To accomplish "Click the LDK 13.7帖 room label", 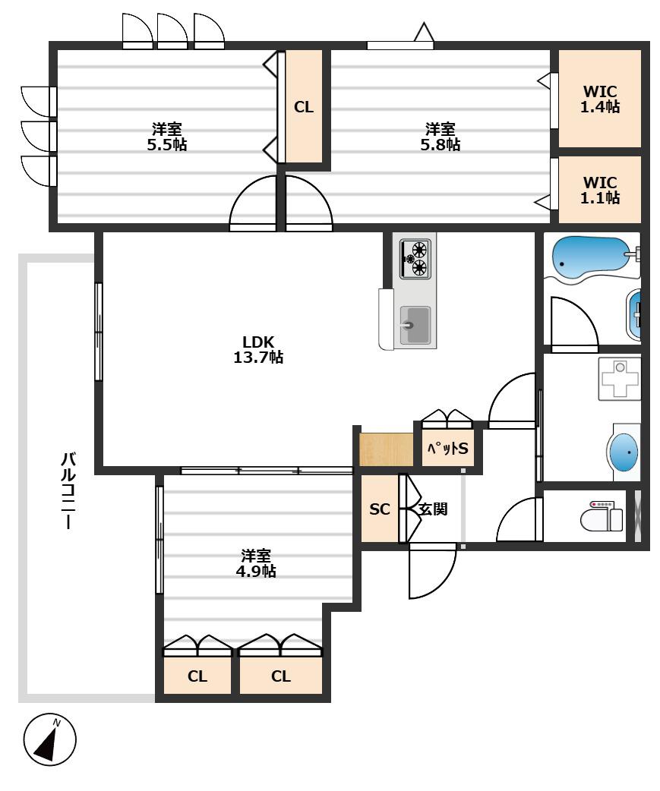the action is pyautogui.click(x=257, y=349).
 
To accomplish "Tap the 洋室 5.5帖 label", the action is pyautogui.click(x=167, y=137).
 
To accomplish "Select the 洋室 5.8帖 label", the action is pyautogui.click(x=440, y=137).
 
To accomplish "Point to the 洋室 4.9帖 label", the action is pyautogui.click(x=256, y=563).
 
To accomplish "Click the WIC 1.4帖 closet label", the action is pyautogui.click(x=600, y=99).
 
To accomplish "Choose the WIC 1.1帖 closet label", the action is pyautogui.click(x=600, y=190).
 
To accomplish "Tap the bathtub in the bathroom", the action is pyautogui.click(x=591, y=260).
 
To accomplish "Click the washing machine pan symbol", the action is pyautogui.click(x=619, y=378).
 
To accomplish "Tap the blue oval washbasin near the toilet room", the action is pyautogui.click(x=624, y=452).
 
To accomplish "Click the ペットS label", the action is pyautogui.click(x=447, y=448).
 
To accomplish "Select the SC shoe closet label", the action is pyautogui.click(x=380, y=509).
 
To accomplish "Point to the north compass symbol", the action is pyautogui.click(x=50, y=739).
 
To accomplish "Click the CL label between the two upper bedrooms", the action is pyautogui.click(x=304, y=107).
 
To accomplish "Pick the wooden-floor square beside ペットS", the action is pyautogui.click(x=386, y=449).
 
